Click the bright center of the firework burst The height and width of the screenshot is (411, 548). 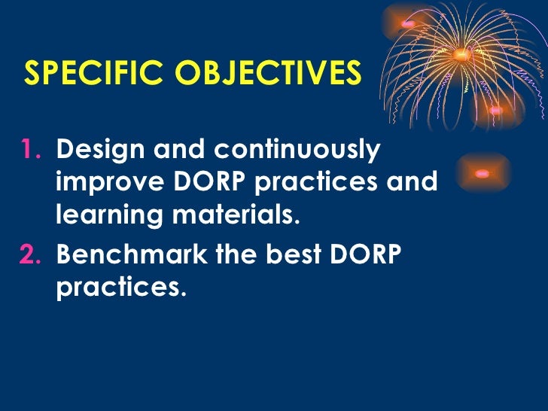pyautogui.click(x=461, y=54)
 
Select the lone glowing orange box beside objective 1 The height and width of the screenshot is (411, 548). pyautogui.click(x=483, y=173)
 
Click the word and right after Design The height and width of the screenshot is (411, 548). pyautogui.click(x=178, y=150)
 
